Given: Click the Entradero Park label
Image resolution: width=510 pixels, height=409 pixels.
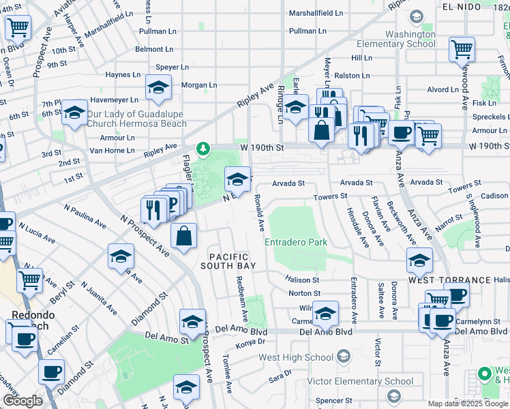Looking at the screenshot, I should coord(296,242).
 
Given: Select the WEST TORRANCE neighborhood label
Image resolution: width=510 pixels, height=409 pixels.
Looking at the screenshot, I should coord(449,280).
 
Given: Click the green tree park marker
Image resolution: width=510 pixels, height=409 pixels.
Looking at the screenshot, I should coord(202,148).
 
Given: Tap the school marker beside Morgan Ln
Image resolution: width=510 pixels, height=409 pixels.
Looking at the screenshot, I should coord(157,88).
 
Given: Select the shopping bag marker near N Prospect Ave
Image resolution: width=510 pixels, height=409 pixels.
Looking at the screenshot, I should coord(185,237).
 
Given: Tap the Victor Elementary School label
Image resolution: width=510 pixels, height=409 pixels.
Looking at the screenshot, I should coord(350,381).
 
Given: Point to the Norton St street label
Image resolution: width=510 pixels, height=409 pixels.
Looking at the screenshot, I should coord(304,293).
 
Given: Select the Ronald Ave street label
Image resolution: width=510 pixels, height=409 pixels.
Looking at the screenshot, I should coord(259,211).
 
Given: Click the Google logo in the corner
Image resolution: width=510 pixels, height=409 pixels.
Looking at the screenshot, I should coord(22,401).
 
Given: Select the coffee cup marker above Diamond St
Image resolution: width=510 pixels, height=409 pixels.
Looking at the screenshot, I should coord(51,372).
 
